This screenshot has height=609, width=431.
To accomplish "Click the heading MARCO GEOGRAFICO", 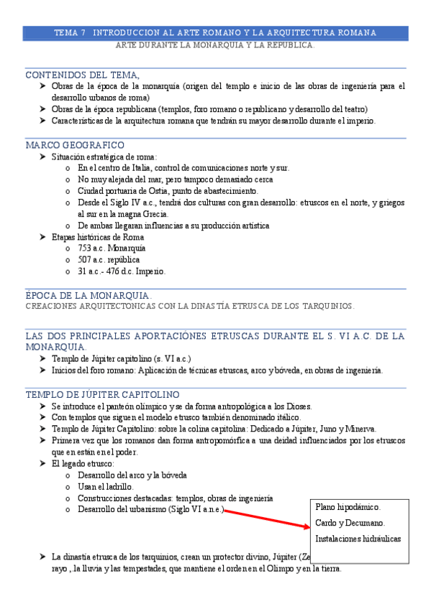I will click(75, 145).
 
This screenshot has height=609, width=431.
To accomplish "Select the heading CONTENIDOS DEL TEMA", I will click(82, 75).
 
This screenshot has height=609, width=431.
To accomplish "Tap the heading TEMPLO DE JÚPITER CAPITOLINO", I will click(102, 395).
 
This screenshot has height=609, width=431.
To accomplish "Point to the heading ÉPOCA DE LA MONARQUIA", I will click(88, 295).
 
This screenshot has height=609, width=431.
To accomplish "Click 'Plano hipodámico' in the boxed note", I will click(348, 507).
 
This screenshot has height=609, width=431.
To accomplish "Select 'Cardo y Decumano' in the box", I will click(350, 523).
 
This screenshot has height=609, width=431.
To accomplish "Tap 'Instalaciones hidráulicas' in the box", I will click(358, 539).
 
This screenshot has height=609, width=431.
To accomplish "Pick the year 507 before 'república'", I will click(86, 260).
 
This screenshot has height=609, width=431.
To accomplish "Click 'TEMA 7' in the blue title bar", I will click(70, 33).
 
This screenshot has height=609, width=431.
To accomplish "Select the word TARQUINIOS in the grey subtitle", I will click(327, 306).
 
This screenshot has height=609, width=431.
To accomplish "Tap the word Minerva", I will click(350, 429).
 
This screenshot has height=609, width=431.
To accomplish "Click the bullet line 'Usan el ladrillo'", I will click(105, 487).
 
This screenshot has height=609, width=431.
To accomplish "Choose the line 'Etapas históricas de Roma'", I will click(97, 237).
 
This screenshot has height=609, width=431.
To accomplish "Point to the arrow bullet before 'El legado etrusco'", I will click(42, 464).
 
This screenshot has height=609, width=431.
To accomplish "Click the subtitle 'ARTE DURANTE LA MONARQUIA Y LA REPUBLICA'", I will click(215, 45).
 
